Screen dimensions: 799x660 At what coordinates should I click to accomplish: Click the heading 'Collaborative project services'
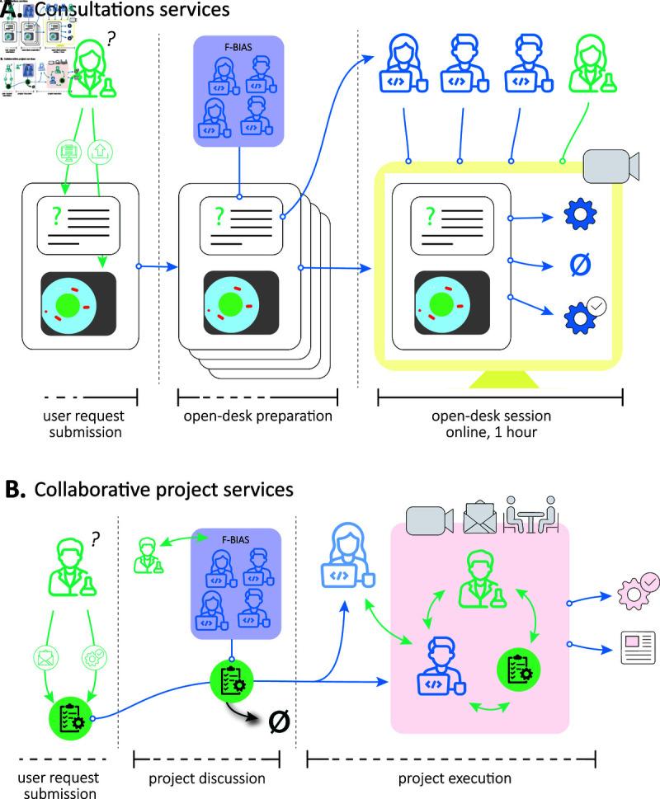[163, 490]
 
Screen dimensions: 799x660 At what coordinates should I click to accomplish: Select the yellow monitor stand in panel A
[498, 378]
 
